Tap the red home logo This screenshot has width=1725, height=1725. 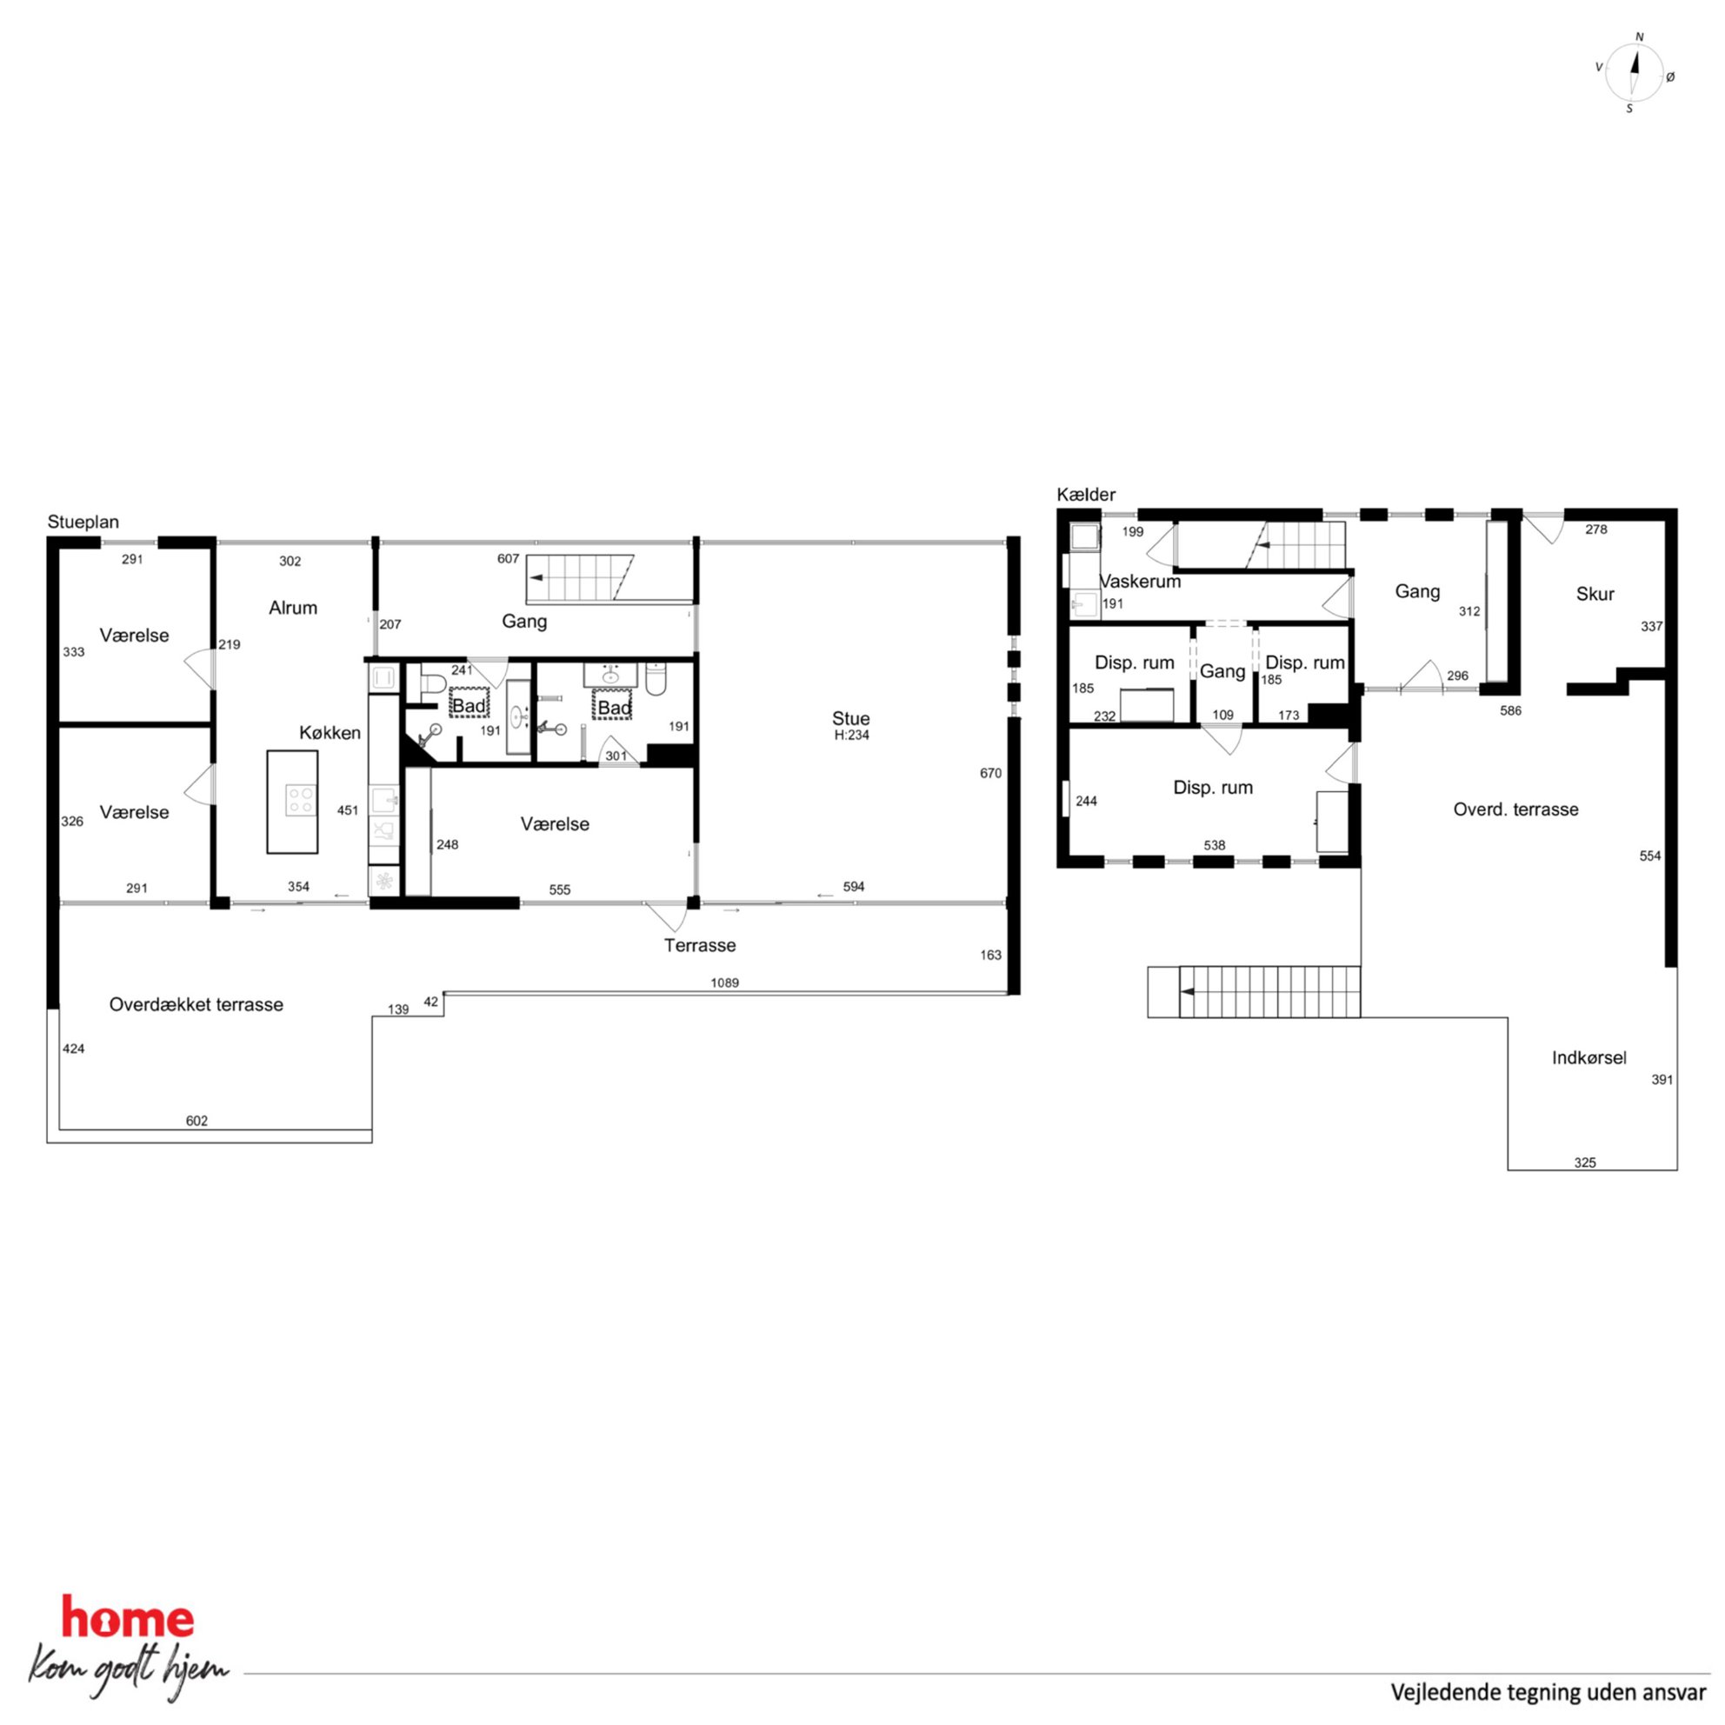(x=127, y=1621)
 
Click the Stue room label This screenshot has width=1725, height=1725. (x=850, y=718)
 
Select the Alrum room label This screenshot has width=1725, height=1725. (x=293, y=608)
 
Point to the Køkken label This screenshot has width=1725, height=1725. (x=330, y=733)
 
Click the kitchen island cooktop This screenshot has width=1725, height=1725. (x=301, y=799)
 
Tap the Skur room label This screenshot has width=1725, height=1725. (x=1595, y=594)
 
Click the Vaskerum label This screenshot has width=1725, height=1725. (x=1139, y=582)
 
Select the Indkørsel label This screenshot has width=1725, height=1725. (x=1588, y=1058)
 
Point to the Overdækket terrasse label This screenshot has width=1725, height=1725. (x=196, y=1004)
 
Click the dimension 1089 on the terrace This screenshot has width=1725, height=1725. (x=724, y=983)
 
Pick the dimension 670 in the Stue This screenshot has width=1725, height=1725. (x=990, y=773)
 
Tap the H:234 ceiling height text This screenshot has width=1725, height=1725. (x=851, y=736)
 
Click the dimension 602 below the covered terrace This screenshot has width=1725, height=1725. (x=196, y=1121)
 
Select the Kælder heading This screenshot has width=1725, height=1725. (x=1086, y=495)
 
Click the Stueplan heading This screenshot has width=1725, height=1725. (x=83, y=523)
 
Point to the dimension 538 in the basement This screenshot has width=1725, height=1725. (x=1215, y=845)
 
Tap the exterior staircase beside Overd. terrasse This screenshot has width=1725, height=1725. (x=1254, y=992)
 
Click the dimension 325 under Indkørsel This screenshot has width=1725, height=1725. (x=1585, y=1162)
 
